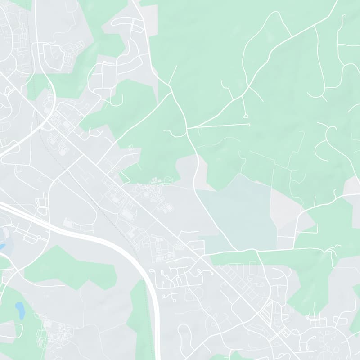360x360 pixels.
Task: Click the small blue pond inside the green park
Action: tap(20, 310)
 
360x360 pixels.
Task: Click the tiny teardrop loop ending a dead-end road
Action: tap(246, 116)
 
